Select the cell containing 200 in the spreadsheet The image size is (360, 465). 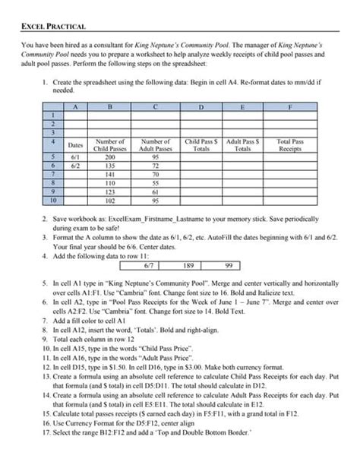[x=109, y=157]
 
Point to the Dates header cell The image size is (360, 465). [x=75, y=144]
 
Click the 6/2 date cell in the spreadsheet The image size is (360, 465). [x=75, y=165]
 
